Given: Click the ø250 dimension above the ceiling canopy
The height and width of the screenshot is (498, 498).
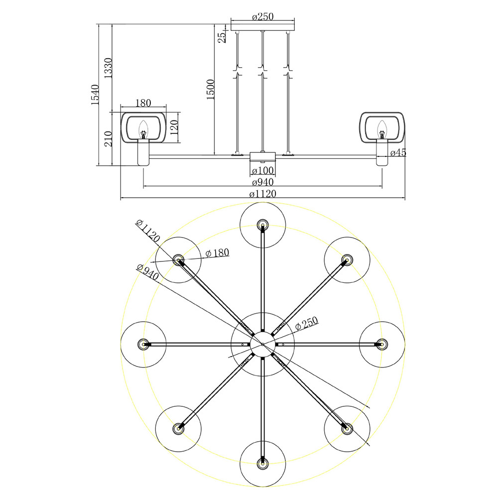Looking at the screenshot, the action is click(262, 16).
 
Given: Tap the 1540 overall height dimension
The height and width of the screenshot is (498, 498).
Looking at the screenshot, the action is click(95, 95).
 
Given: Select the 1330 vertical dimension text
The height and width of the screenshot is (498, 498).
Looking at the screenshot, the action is click(108, 68).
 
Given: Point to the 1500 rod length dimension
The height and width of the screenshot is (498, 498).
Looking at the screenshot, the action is click(211, 90).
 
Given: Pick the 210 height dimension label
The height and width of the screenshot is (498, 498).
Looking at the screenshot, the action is click(109, 138).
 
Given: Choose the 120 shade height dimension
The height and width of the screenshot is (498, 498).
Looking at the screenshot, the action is click(174, 127).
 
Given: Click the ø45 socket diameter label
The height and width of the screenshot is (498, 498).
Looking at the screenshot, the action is click(398, 153).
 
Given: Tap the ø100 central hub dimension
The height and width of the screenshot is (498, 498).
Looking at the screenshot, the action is click(262, 171).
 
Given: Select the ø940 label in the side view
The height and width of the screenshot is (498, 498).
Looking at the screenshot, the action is click(262, 182).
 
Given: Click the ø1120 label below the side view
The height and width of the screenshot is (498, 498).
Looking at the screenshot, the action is click(262, 194).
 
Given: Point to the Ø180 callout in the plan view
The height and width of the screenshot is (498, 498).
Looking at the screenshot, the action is click(217, 253).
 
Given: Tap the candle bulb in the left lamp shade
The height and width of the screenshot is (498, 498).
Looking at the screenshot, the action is click(143, 129).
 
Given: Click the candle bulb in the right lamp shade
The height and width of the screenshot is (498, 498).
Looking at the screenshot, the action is click(382, 129).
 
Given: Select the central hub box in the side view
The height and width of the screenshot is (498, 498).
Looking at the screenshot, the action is click(262, 156).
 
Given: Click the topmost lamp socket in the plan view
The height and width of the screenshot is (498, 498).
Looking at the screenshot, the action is click(262, 225).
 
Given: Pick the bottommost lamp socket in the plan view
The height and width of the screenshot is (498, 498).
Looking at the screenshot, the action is click(262, 463).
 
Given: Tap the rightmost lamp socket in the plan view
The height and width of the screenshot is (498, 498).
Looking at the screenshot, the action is click(382, 344).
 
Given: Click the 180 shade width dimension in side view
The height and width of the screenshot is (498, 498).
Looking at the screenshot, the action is click(143, 103).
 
